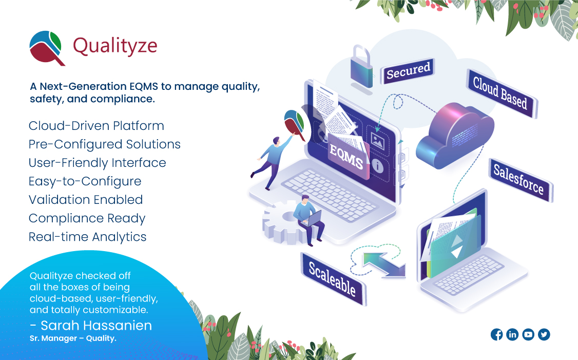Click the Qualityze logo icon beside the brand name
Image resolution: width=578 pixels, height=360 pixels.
(46, 48)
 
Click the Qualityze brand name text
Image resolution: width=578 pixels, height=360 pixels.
(115, 46)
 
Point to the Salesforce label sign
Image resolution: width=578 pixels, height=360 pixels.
(518, 179)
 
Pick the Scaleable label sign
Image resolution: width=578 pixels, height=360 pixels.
(333, 278)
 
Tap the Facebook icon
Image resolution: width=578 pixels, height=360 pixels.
(496, 335)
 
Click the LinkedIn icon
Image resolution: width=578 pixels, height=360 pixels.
(512, 335)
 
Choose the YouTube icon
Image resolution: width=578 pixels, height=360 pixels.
(528, 335)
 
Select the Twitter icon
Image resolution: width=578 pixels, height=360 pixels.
(544, 335)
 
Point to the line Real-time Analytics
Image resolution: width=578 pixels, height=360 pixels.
(88, 237)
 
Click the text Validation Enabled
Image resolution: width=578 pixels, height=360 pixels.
(86, 200)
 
